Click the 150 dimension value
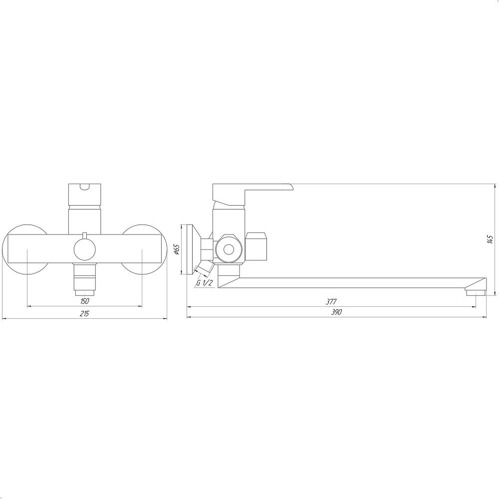click(x=85, y=301)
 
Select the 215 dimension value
click(x=84, y=314)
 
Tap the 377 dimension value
click(x=331, y=301)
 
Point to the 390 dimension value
click(x=336, y=312)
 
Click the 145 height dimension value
click(x=490, y=240)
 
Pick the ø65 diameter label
click(x=177, y=249)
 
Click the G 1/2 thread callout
click(x=204, y=282)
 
